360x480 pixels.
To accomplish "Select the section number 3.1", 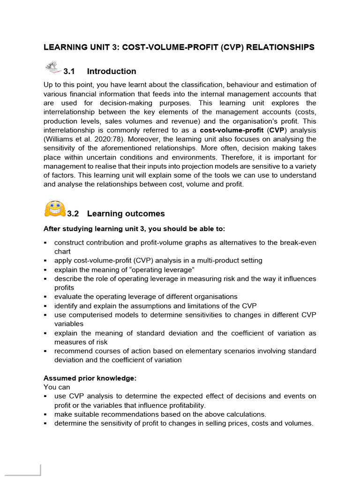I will pos(69,71).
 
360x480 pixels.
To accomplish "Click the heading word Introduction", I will pos(112,71).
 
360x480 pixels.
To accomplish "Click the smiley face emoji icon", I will pos(54,209).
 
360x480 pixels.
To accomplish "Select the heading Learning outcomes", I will pos(126,214).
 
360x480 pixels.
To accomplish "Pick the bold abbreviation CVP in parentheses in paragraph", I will pos(276,130).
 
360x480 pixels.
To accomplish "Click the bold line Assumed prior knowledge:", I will pos(90,378).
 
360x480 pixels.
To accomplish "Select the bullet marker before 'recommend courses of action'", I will pos(45,351).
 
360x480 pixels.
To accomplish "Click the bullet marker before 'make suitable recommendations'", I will pos(45,414).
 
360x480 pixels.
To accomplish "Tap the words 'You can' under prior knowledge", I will pos(57,387).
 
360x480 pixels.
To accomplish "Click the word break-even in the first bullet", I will pos(294,242).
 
